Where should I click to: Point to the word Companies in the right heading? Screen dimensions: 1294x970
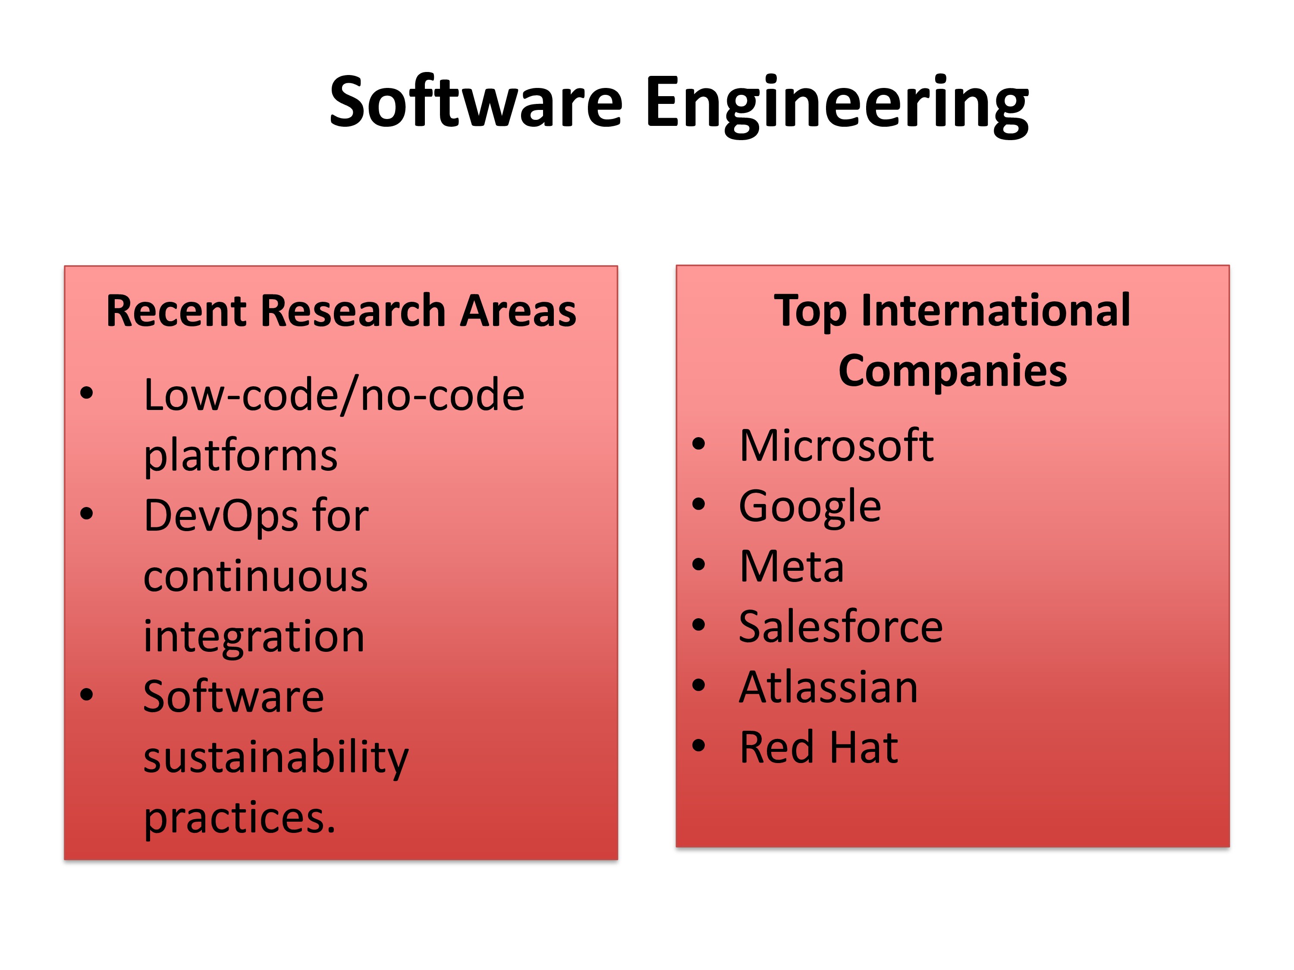[x=952, y=371]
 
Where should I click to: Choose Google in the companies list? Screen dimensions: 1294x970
[x=810, y=507]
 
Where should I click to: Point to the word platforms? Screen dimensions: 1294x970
[x=241, y=456]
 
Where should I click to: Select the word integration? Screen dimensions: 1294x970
[x=254, y=637]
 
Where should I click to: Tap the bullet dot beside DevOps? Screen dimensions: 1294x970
[x=87, y=514]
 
